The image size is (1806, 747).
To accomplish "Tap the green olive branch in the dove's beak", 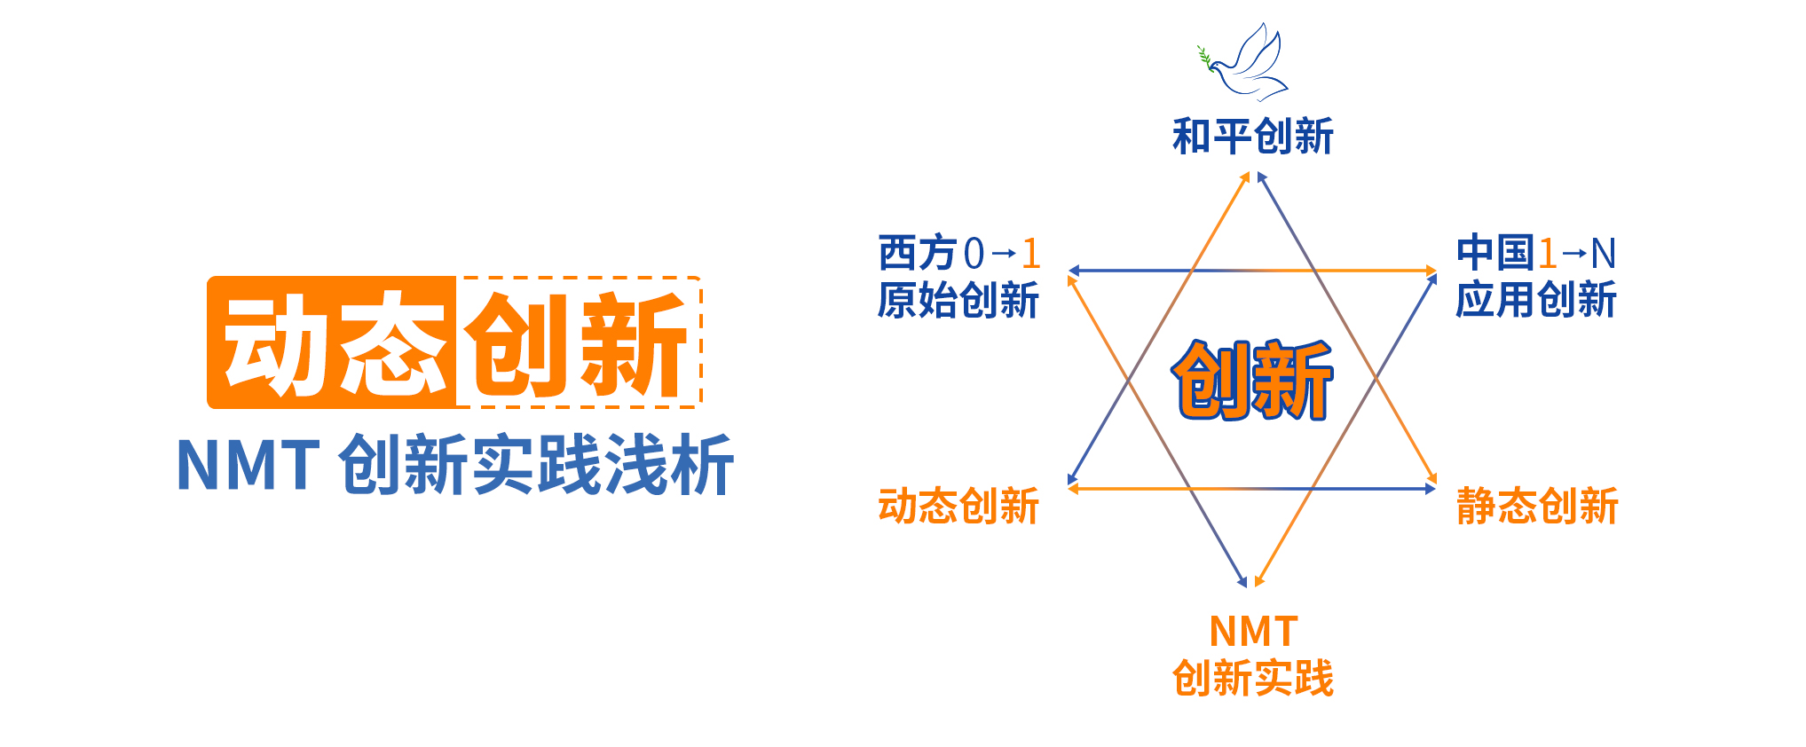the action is [x=1204, y=58].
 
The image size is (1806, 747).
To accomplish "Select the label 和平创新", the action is [x=1252, y=137].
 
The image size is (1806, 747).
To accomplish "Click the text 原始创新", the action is [x=958, y=300].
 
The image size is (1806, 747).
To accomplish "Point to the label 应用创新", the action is [x=1536, y=300].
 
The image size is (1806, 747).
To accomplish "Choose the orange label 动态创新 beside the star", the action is [x=958, y=506].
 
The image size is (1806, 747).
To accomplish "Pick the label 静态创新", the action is [x=1537, y=506].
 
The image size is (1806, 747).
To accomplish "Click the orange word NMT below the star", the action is [x=1253, y=633].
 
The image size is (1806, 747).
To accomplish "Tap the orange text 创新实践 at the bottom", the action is [x=1252, y=679].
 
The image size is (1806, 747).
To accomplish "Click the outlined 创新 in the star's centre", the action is [x=1252, y=380].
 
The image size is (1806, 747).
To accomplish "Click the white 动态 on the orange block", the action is [x=335, y=344].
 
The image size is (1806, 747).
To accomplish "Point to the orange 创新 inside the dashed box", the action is [x=577, y=344].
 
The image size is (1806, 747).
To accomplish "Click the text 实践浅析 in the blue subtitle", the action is [x=603, y=465].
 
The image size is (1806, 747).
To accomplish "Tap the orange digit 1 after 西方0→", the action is [x=1030, y=254].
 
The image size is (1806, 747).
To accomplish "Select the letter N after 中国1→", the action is [x=1603, y=254].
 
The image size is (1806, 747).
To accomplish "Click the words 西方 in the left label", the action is [x=919, y=254].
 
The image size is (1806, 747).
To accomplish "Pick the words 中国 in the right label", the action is [x=1495, y=254].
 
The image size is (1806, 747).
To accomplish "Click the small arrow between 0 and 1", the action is [x=1003, y=255].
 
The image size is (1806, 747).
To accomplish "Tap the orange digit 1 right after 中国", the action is [x=1548, y=254].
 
